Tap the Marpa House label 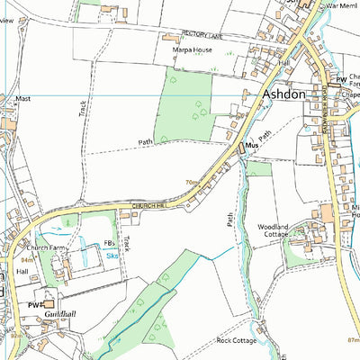(x=193, y=50)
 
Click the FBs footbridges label (x=110, y=244)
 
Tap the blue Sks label (x=112, y=256)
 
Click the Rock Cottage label (x=237, y=340)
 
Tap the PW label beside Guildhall (x=34, y=306)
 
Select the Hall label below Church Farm (x=22, y=269)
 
